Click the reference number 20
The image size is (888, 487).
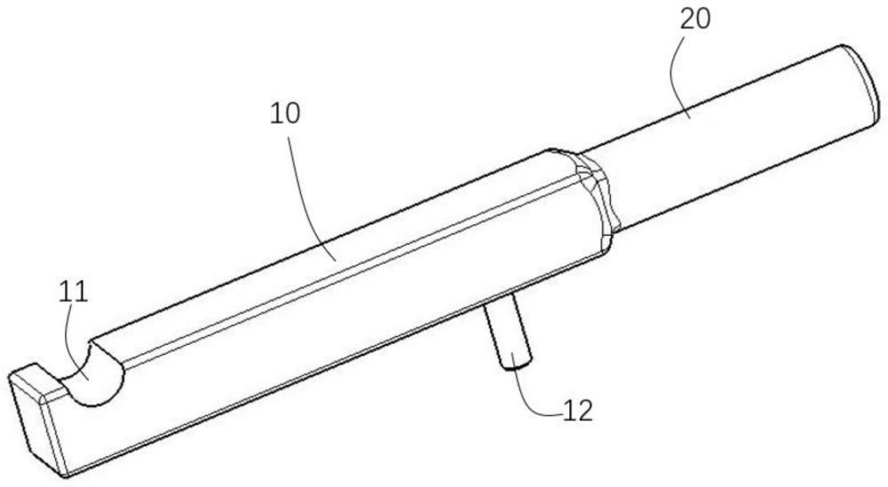[x=695, y=20]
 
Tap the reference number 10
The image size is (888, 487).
[x=287, y=114]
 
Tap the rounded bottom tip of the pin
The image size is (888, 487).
[x=518, y=362]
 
